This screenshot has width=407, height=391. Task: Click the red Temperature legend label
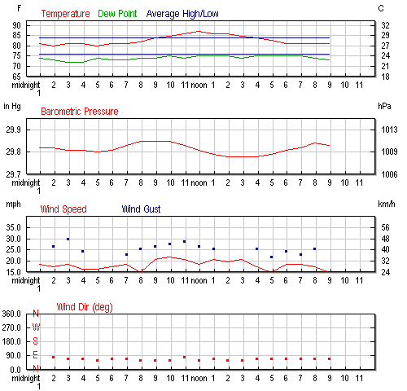65,14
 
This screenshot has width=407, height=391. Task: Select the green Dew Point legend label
117,14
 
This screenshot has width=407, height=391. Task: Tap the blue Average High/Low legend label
182,14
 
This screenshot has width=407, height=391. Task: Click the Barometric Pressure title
80,112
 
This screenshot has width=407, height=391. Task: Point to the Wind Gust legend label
141,209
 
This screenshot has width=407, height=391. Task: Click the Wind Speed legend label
63,209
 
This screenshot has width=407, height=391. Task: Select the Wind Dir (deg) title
85,307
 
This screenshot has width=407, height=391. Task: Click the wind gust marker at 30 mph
68,239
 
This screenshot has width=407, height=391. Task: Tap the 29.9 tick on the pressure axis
13,130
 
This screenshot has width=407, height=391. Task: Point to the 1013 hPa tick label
389,130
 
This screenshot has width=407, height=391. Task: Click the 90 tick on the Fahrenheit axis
16,25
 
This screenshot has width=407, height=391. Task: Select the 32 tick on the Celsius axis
385,25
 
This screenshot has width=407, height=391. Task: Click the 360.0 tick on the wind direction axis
11,314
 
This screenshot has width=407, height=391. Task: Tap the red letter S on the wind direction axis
35,341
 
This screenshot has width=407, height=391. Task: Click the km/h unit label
387,204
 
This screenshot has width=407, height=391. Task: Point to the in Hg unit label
12,107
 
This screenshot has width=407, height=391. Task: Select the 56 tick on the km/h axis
385,227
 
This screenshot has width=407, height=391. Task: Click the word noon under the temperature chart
199,86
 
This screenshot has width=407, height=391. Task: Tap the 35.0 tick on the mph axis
14,227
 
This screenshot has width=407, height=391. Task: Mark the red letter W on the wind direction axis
36,327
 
